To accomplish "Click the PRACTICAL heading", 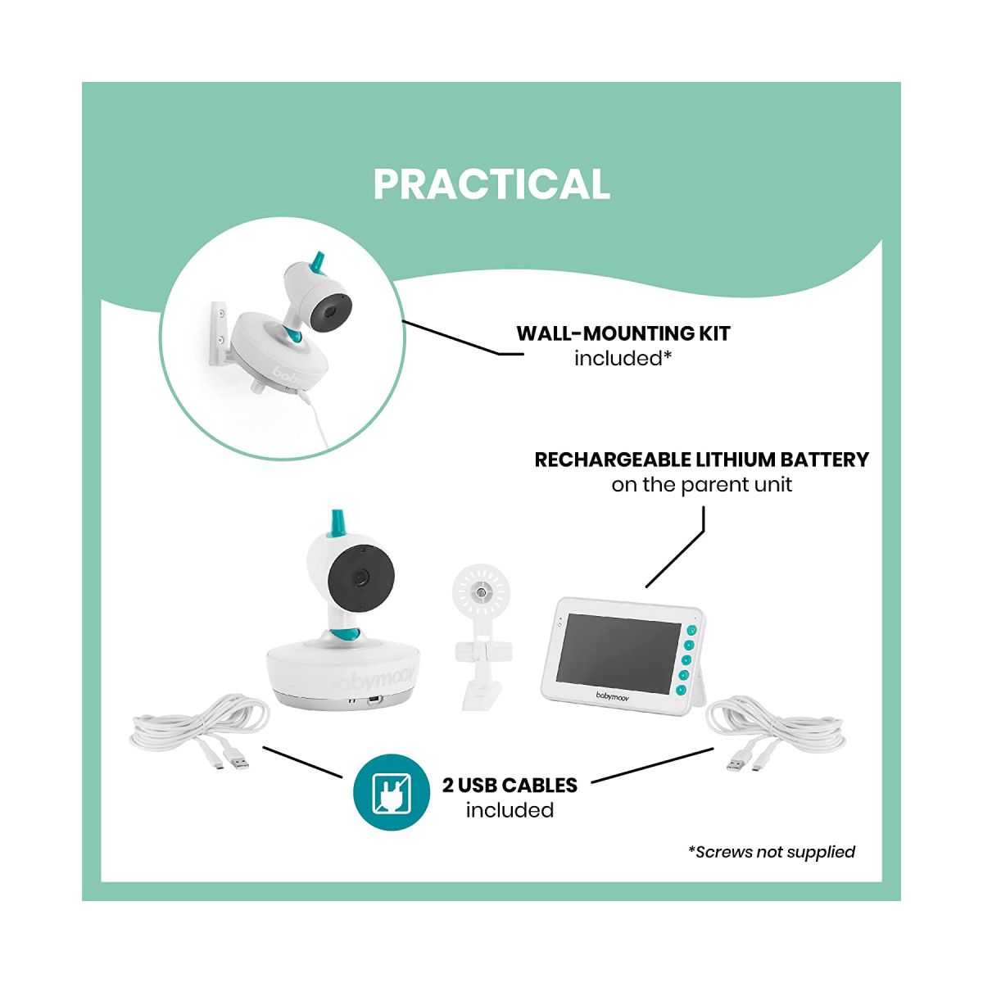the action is (x=491, y=184).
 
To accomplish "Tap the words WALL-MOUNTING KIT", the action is (x=623, y=333).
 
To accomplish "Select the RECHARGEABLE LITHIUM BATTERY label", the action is (x=701, y=460).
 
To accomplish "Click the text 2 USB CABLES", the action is (x=510, y=785).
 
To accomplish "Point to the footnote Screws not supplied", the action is (x=772, y=852).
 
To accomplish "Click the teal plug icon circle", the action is (x=392, y=792).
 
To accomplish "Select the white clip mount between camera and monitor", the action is (x=481, y=636).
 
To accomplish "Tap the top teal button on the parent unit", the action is (x=691, y=630).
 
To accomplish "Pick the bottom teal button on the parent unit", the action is (x=681, y=691).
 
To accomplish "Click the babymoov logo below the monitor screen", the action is (x=612, y=696).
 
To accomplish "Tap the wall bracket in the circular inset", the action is (x=220, y=334).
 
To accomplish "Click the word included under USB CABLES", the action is (x=510, y=810).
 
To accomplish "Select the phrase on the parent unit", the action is (x=701, y=485).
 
